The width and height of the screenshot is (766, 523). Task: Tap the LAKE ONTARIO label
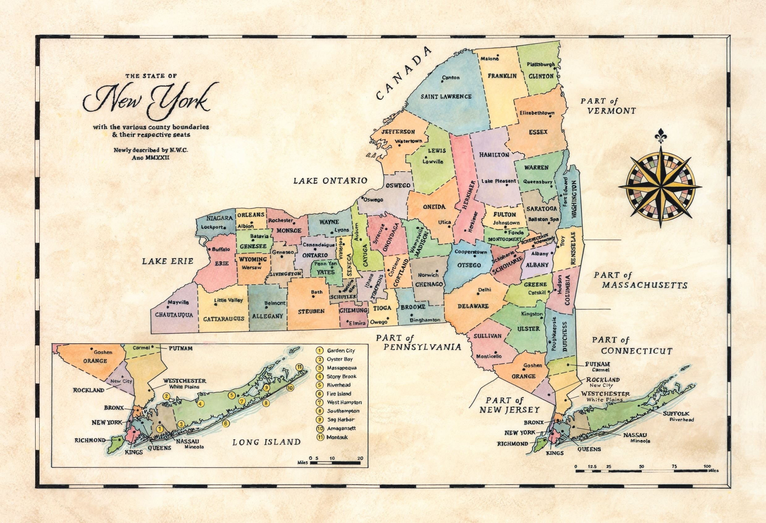click(330, 181)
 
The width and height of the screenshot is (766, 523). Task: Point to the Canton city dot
click(443, 81)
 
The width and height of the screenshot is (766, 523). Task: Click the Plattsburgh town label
click(541, 64)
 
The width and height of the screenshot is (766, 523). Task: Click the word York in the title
click(180, 99)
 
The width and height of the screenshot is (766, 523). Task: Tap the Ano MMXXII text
click(151, 158)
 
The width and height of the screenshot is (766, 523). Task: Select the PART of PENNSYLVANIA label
click(419, 343)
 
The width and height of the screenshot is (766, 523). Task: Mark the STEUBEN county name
click(312, 311)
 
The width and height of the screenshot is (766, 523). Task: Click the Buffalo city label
click(221, 249)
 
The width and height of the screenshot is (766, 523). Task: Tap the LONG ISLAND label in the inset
click(266, 442)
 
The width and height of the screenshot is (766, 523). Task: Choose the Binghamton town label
click(425, 320)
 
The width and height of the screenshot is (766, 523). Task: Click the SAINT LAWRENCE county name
click(446, 96)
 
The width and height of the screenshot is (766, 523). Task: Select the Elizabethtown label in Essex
click(537, 113)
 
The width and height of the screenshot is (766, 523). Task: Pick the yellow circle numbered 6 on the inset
click(225, 423)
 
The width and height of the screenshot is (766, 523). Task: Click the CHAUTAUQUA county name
click(174, 315)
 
